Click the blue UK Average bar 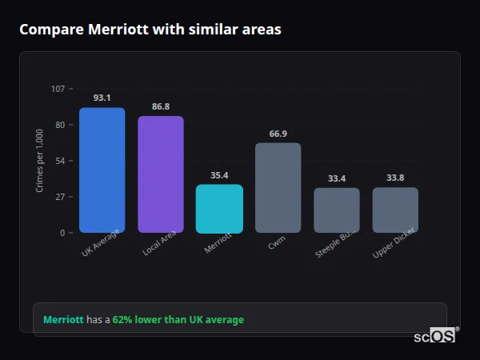click(102, 170)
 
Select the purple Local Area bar click(160, 174)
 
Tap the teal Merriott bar click(219, 209)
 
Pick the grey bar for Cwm click(278, 188)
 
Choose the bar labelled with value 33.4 click(336, 210)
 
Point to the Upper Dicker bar click(395, 210)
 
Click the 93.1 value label click(102, 98)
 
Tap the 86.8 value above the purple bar click(160, 106)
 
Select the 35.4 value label click(219, 175)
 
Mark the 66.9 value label click(278, 134)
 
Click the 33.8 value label click(395, 178)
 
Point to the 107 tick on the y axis click(58, 89)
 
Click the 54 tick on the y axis click(60, 161)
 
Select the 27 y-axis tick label click(60, 197)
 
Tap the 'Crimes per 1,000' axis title click(40, 161)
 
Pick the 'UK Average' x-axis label click(100, 243)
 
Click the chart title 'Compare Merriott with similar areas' click(150, 30)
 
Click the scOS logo click(434, 336)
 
